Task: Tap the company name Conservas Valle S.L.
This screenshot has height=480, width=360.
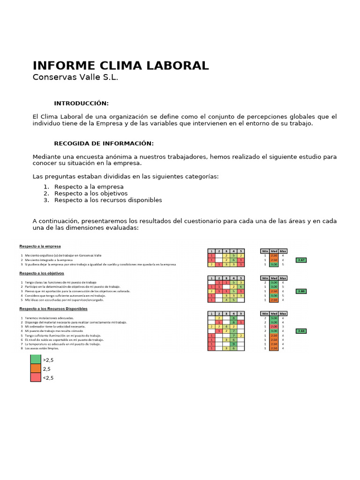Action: (75, 77)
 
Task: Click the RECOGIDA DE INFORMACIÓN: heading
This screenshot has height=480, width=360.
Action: (104, 143)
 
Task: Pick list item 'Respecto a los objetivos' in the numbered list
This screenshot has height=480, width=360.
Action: (90, 193)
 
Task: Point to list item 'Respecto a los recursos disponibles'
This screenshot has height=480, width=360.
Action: (108, 200)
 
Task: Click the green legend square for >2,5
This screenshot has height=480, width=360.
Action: (36, 360)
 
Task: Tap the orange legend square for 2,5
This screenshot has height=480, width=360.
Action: (36, 369)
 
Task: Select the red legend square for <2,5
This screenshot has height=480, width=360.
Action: (36, 378)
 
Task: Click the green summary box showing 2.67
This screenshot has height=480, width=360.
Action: (301, 260)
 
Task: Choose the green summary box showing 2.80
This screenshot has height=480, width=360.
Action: (301, 291)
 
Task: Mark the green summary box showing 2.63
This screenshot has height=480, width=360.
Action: (301, 331)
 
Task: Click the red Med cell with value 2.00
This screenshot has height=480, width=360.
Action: (274, 327)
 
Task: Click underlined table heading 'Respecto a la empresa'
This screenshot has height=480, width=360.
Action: (40, 246)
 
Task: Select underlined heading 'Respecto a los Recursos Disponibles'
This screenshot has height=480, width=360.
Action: (53, 309)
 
